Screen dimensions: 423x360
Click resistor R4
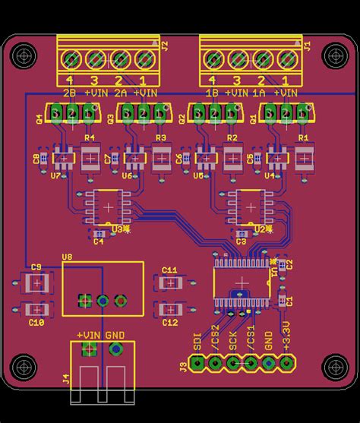(90, 158)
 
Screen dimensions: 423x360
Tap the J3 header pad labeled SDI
(197, 363)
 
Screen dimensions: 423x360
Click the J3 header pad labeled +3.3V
(286, 363)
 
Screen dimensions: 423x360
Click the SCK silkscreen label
(233, 340)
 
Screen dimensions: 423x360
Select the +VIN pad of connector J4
(89, 349)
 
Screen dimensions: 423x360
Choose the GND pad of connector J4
(116, 349)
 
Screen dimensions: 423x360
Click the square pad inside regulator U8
(84, 301)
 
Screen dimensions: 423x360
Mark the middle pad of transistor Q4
(71, 113)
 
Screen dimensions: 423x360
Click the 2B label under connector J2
(69, 93)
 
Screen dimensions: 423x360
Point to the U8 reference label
(67, 257)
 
